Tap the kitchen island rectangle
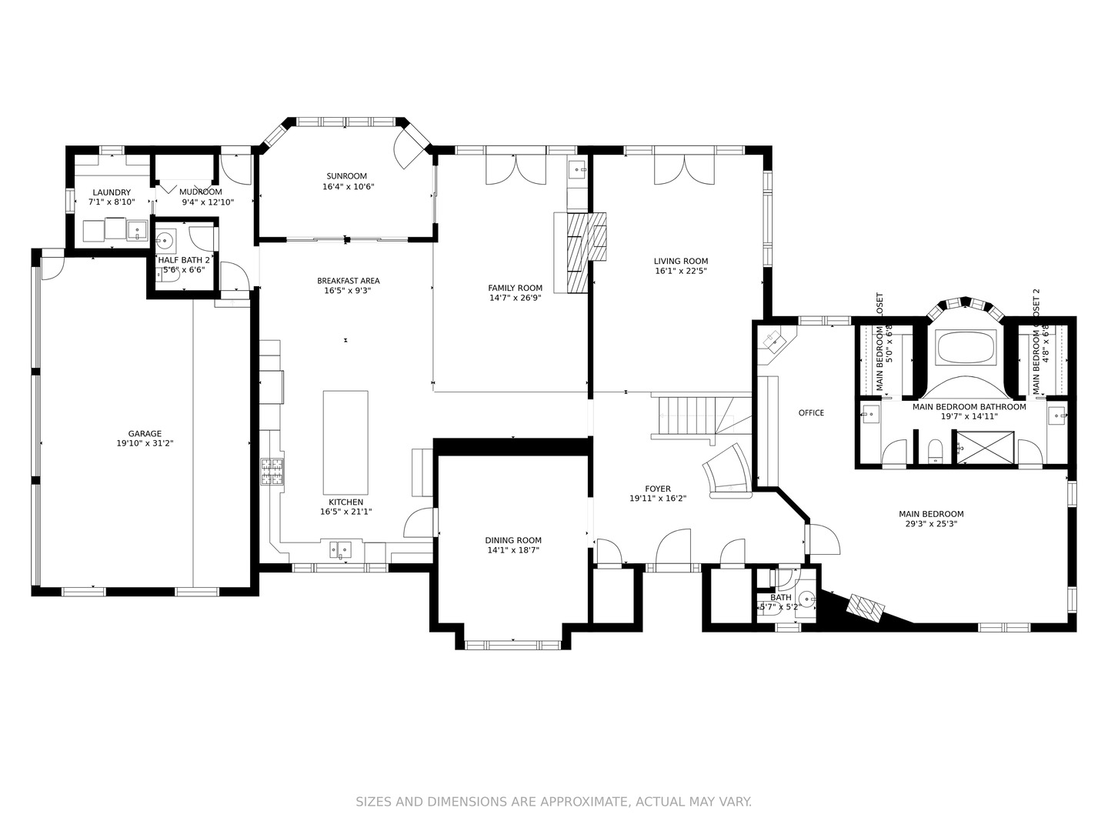coord(345,442)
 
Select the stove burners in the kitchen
coord(272,471)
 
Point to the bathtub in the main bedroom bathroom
coord(966,348)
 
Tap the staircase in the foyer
coord(689,415)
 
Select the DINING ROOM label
coord(513,540)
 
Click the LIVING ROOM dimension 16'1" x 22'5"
coord(681,271)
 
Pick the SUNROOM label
coord(346,176)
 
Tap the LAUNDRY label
coord(112,192)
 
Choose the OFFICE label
coord(811,413)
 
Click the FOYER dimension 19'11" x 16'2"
coord(658,499)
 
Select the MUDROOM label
coord(201,192)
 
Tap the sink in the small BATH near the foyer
coord(806,597)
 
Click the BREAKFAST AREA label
coord(348,281)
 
